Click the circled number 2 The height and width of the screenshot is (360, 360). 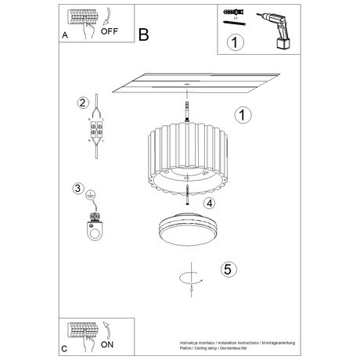(x=81, y=103)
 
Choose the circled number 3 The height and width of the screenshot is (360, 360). (x=77, y=188)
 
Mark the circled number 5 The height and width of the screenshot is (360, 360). (x=227, y=268)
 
